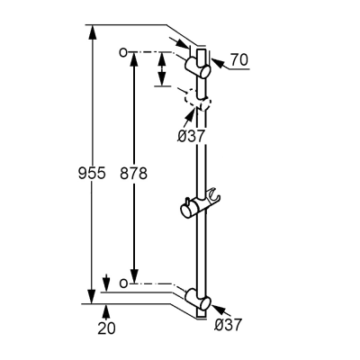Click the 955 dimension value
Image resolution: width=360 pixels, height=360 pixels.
point(92,173)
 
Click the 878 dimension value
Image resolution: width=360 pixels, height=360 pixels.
point(133,173)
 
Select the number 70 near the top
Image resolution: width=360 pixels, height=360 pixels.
point(239,59)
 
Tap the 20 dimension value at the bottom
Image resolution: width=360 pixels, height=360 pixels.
point(106,328)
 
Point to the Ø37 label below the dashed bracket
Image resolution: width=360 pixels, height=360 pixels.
point(191,137)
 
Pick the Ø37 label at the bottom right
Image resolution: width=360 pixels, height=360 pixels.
point(229,325)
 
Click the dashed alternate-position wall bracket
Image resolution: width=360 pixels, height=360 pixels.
point(198,101)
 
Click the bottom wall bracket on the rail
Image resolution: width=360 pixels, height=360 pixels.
point(198,299)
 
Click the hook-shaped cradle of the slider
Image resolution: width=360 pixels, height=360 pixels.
point(214,194)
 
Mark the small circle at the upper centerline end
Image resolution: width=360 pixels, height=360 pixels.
point(123,52)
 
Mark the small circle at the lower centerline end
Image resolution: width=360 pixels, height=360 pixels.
point(123,283)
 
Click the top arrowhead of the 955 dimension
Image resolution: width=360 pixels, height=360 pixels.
point(93,32)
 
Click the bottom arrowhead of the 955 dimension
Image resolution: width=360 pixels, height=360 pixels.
point(93,296)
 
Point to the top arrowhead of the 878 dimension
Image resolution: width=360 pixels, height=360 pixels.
point(134,59)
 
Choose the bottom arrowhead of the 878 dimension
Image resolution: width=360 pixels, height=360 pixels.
point(134,275)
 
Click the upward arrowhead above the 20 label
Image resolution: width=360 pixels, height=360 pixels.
point(105,311)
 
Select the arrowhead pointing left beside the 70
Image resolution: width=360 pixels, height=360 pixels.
point(218,63)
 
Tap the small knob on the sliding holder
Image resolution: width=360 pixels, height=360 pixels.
point(187,201)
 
